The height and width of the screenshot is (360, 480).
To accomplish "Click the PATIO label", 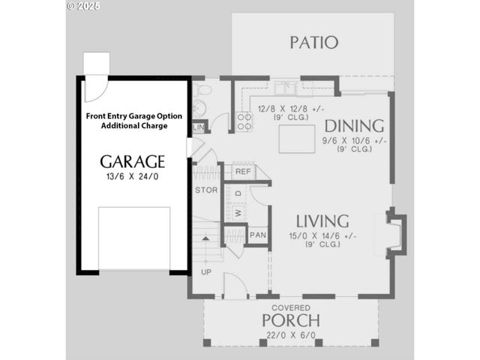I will click(314, 43).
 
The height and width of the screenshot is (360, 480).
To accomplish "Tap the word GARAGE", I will click(133, 162).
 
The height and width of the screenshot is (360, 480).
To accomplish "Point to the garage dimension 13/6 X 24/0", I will click(133, 177).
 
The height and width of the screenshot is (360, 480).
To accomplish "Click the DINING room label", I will click(354, 125).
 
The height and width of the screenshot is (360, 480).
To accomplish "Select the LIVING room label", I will click(322, 221).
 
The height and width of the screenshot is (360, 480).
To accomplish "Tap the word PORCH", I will click(290, 320).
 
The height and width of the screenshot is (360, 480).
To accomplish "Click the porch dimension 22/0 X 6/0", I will click(290, 335).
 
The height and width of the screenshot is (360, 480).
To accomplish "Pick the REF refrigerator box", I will click(242, 172).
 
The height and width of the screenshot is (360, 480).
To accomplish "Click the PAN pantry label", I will click(257, 235).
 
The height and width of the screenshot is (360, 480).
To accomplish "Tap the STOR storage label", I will click(206, 190).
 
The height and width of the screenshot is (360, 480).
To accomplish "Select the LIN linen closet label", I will click(199, 127).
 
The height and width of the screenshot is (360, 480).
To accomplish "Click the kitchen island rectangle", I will click(296, 139).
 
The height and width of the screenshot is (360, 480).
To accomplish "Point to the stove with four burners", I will click(244, 121).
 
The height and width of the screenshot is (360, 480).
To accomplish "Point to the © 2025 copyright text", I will click(82, 5).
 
